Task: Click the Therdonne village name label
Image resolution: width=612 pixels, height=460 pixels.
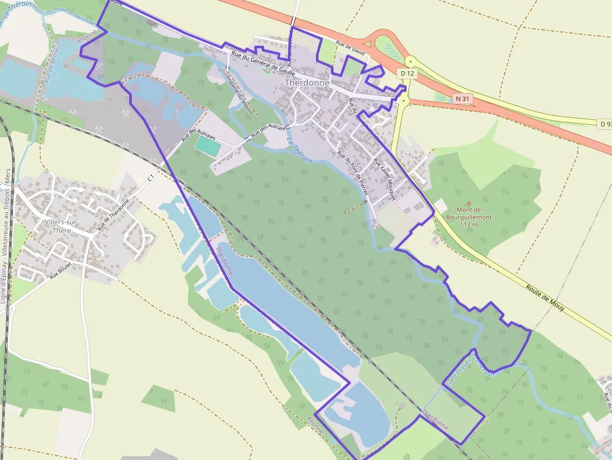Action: pos(307,82)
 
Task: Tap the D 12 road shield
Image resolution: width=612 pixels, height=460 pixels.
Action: pos(407,74)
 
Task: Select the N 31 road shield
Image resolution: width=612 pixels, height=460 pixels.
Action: pos(462,99)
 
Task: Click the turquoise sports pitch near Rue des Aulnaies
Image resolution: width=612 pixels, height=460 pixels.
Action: pos(208,147)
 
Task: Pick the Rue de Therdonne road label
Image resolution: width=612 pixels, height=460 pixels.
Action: pos(116,213)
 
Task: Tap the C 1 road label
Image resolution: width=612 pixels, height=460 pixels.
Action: pos(151,179)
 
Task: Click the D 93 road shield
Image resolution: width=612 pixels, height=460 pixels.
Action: pos(605,124)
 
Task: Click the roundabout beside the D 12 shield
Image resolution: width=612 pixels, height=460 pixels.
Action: pos(410,62)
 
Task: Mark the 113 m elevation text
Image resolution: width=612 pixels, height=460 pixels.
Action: pos(468,225)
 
